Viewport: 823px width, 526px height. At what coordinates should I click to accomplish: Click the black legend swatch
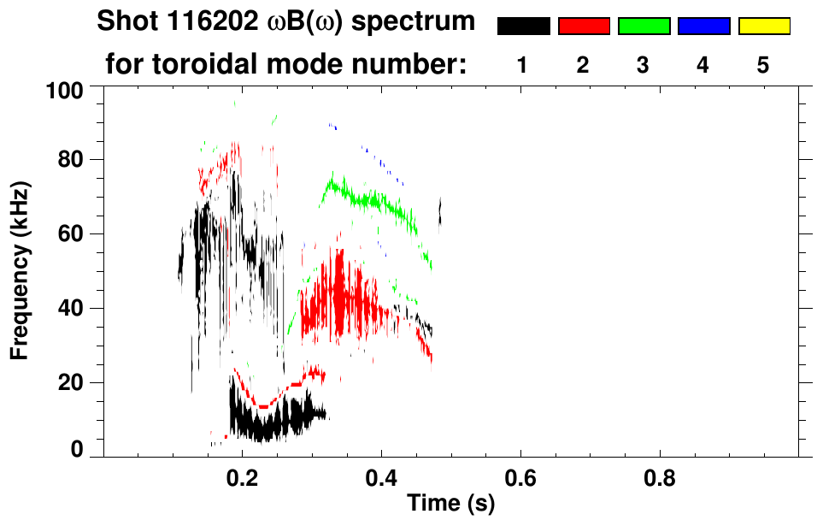[x=523, y=27]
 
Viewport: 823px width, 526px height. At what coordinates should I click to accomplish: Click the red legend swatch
[x=584, y=27]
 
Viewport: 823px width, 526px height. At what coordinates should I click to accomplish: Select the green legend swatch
[x=644, y=27]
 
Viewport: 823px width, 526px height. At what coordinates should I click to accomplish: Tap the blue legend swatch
[x=703, y=27]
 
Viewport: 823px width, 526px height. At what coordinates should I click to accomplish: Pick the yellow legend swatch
[x=764, y=27]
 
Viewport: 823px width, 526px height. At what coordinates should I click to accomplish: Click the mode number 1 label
[x=522, y=65]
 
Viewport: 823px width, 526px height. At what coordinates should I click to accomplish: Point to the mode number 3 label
[x=643, y=65]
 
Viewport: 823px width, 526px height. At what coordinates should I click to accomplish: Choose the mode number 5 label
[x=763, y=65]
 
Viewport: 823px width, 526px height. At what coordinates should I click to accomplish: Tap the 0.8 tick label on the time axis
[x=660, y=476]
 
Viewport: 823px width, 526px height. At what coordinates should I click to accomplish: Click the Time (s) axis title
[x=450, y=504]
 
